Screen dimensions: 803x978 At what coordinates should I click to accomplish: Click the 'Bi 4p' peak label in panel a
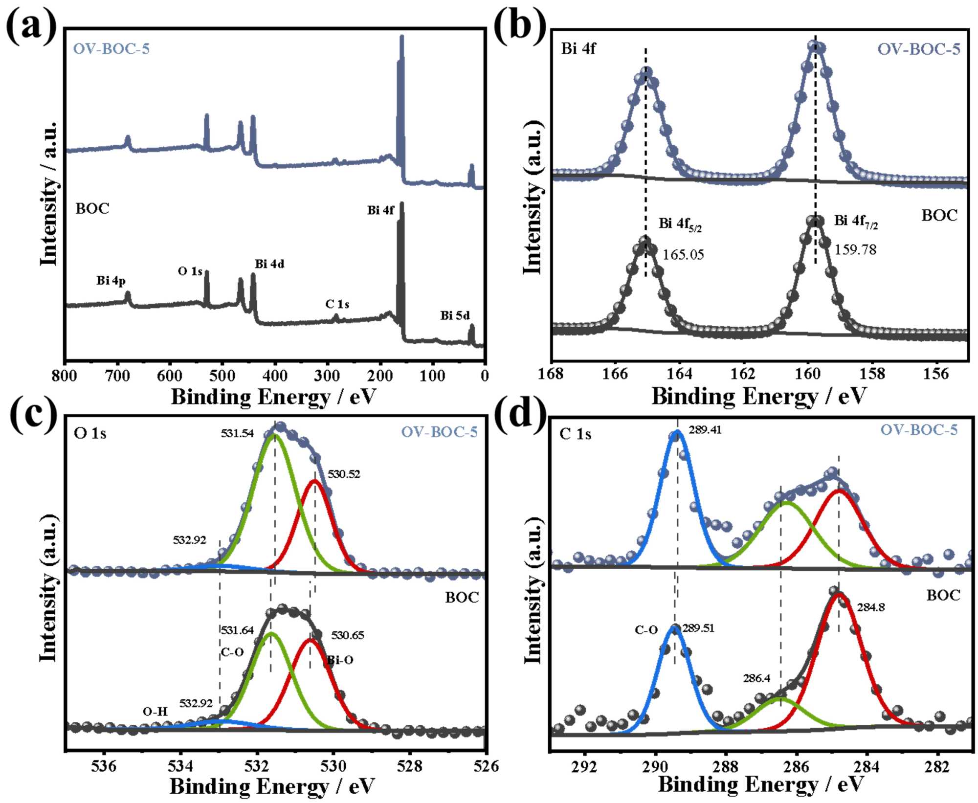coord(111,281)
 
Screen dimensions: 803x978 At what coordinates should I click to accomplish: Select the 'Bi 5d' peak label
coord(455,316)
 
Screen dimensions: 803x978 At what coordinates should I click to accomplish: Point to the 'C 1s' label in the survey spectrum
coord(337,305)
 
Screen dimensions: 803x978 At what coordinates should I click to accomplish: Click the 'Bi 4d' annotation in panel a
coord(269,265)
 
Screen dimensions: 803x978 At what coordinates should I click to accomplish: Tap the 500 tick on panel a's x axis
coord(222,376)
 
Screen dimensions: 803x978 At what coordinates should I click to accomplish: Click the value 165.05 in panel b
coord(683,255)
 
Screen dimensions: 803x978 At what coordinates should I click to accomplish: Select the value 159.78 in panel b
coord(855,250)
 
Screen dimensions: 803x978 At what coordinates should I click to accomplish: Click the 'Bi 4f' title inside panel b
coord(578,49)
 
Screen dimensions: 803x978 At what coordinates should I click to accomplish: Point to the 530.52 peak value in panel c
coord(344,474)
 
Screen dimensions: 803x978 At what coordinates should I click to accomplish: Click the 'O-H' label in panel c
coord(155,712)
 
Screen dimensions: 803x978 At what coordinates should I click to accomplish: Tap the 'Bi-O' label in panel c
coord(340,661)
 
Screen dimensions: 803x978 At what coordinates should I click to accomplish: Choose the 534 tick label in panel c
coord(180,766)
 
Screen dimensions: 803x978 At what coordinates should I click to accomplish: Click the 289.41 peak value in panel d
coord(705,430)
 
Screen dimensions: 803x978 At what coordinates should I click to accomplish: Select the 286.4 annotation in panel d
coord(756,678)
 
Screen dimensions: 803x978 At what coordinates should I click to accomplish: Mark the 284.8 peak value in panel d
coord(871,608)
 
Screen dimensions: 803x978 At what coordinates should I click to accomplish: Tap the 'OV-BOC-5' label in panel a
coord(111,49)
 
